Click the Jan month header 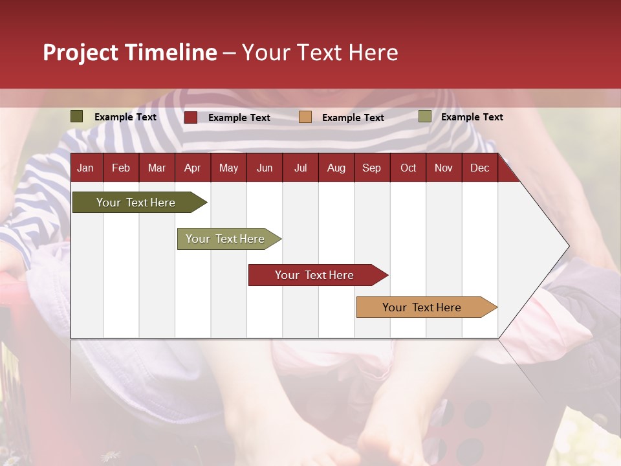pos(85,168)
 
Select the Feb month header pos(121,168)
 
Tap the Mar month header pos(157,168)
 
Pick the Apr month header pos(193,168)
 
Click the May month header pos(228,168)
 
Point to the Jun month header pos(265,168)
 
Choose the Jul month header pos(300,168)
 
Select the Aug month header pos(336,168)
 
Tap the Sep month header pos(372,168)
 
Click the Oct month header pos(408,168)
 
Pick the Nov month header pos(444,168)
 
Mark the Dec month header pos(480,168)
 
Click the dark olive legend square pos(77,116)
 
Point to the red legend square pos(191,117)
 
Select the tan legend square pos(305,117)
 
